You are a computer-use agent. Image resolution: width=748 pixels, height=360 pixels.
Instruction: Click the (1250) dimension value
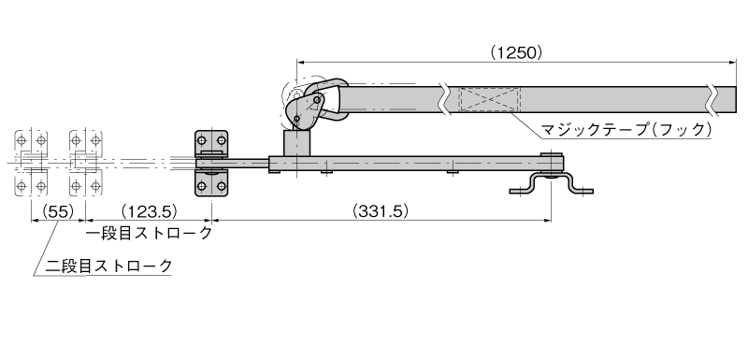click(517, 52)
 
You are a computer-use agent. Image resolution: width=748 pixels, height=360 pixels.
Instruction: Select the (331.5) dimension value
click(381, 210)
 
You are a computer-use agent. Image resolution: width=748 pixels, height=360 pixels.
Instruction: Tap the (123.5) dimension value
click(149, 210)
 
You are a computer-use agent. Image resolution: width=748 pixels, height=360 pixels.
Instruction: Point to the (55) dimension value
click(58, 210)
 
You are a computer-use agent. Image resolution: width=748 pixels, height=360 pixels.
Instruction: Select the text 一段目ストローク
click(149, 234)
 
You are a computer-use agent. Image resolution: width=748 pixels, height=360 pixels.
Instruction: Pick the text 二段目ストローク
click(108, 266)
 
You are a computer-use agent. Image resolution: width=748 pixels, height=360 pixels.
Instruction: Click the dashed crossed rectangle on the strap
click(489, 100)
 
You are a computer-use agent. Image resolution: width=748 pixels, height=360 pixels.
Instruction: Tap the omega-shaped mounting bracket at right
click(551, 185)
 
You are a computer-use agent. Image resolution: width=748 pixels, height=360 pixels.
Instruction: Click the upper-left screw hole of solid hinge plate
click(202, 140)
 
